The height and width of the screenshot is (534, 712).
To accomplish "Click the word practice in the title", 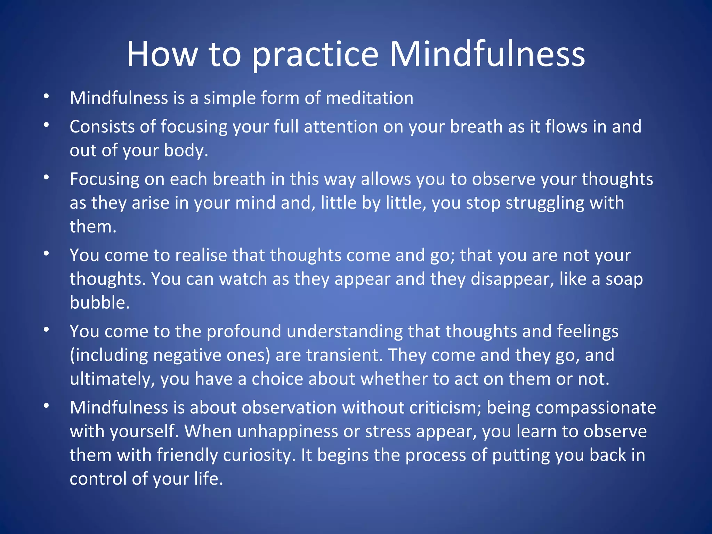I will click(x=315, y=55).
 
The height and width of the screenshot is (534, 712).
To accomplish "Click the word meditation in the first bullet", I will click(x=370, y=98).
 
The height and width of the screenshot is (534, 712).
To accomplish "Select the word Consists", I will click(x=102, y=127).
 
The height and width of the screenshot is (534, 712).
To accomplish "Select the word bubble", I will click(x=99, y=302).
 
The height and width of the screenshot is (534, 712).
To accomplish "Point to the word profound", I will click(x=244, y=331).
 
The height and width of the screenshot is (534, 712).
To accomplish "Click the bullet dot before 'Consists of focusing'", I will click(x=46, y=125).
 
